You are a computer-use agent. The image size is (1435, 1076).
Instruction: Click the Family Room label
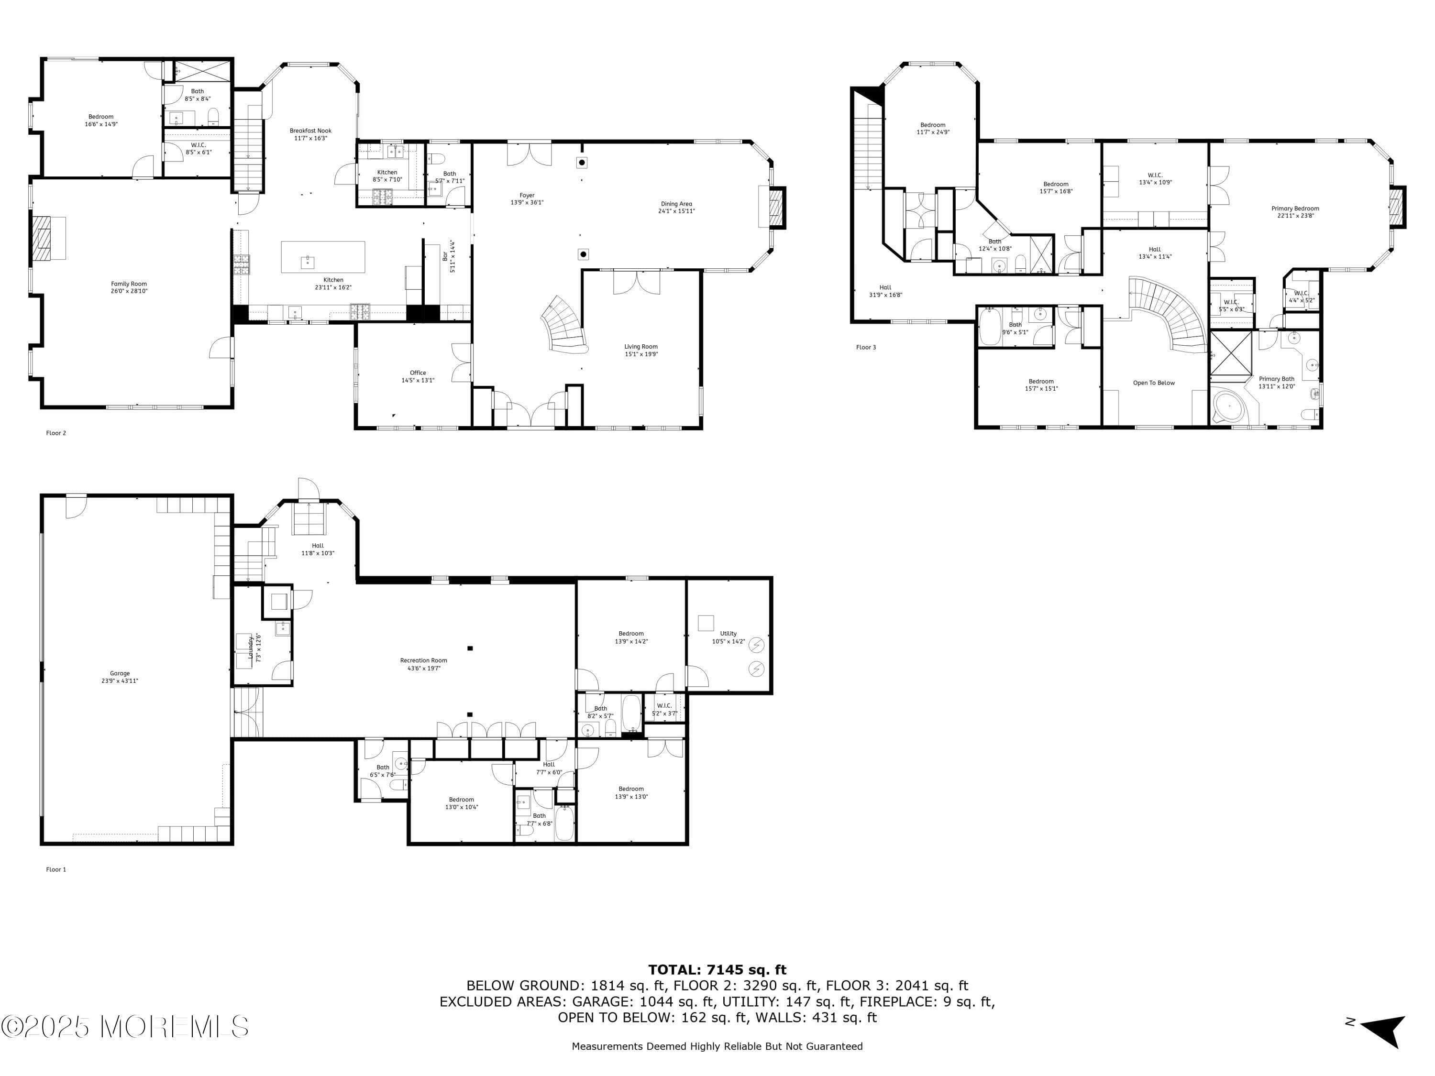pos(129,284)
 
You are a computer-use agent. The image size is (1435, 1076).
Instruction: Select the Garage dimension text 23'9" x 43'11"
pos(120,681)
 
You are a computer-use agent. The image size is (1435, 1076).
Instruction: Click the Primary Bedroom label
pos(1295,209)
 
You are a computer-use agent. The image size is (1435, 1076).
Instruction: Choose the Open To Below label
pos(1153,383)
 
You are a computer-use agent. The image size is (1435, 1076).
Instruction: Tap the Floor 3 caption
pos(865,348)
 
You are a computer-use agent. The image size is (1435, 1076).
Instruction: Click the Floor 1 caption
pos(56,870)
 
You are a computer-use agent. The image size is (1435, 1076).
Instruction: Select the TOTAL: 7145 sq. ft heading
pos(717,970)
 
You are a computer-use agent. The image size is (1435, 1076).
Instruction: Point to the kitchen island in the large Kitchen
pos(322,257)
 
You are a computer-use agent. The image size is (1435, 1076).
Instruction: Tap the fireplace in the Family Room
pos(48,238)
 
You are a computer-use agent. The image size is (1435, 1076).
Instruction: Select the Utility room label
pos(728,634)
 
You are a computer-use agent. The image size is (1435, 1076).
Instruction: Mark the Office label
pos(418,373)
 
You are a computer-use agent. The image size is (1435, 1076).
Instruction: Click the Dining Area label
pos(676,204)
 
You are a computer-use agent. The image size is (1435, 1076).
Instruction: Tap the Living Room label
pos(641,347)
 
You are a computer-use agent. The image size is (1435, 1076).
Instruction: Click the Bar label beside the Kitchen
pos(445,257)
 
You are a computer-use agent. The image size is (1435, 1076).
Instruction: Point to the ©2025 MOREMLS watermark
pos(124,1027)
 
